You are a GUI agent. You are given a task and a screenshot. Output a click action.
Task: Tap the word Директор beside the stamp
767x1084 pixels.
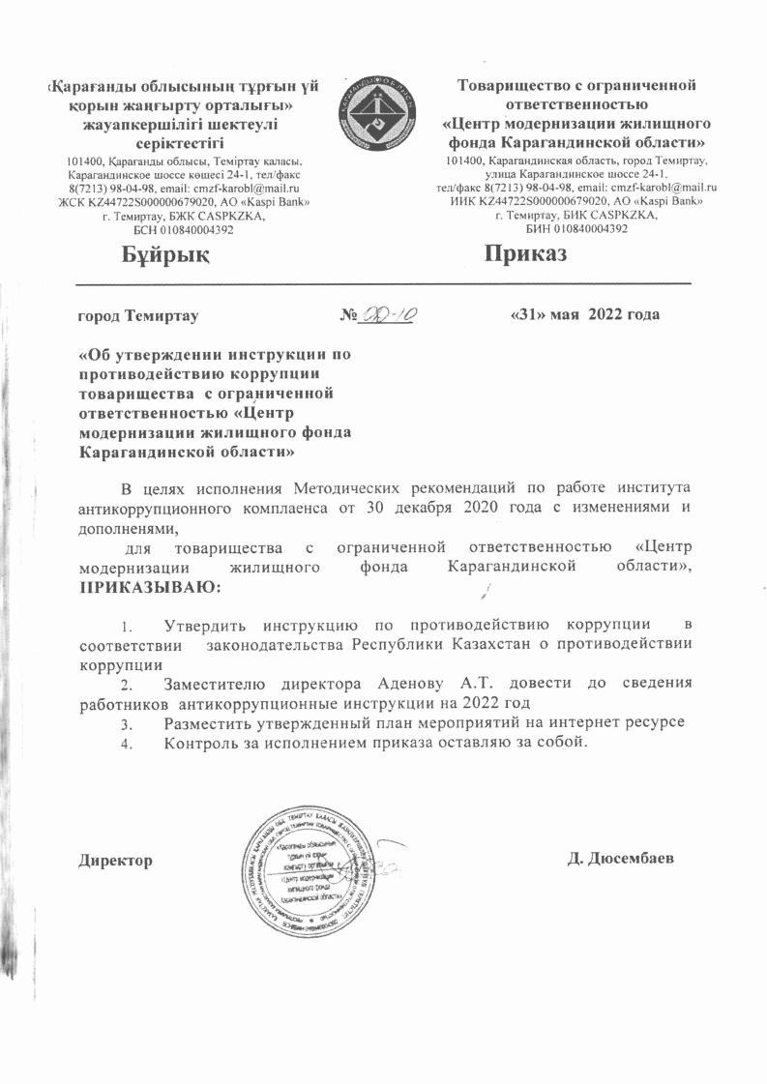(114, 860)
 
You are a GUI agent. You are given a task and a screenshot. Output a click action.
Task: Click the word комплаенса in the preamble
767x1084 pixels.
(275, 506)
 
